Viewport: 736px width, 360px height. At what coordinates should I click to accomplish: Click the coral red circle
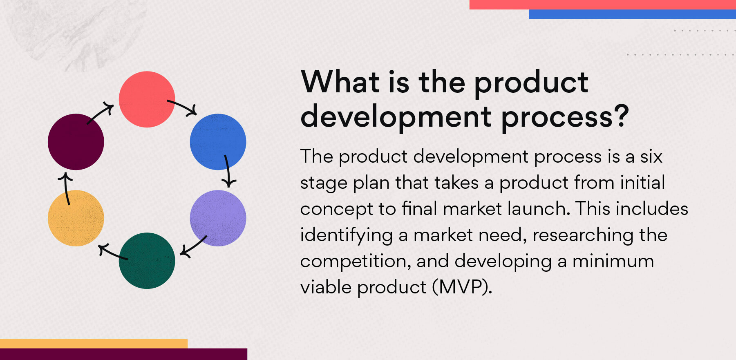(x=147, y=99)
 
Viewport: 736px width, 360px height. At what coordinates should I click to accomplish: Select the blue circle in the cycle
(x=218, y=141)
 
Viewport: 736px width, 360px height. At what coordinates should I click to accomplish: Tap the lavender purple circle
(x=218, y=218)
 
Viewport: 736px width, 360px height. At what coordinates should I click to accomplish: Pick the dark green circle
(x=147, y=261)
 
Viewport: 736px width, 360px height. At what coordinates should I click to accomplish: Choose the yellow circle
(x=76, y=218)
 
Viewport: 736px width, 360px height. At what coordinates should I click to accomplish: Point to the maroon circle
(x=76, y=142)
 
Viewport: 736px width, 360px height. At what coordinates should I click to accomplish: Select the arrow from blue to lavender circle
(x=228, y=171)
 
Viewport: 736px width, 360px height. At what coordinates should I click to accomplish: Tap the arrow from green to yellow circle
(x=112, y=252)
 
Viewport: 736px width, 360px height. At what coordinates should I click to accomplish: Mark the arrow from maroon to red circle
(x=101, y=114)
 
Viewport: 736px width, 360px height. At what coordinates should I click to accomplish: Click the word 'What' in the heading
(x=341, y=82)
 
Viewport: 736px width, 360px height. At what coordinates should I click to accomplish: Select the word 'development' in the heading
(x=396, y=117)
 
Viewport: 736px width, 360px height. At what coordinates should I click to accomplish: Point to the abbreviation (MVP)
(x=462, y=287)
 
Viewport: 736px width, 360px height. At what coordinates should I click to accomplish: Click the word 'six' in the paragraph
(x=651, y=157)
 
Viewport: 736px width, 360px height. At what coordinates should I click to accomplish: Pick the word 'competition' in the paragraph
(x=355, y=262)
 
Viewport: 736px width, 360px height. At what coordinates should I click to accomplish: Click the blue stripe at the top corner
(x=632, y=14)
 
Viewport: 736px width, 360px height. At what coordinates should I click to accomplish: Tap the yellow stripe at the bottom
(x=94, y=343)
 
